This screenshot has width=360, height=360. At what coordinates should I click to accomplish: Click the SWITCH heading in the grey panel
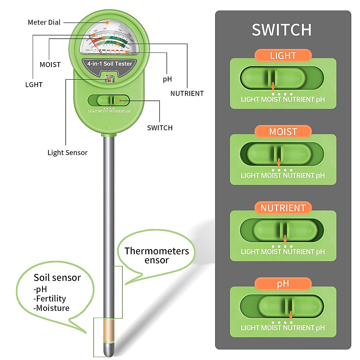[x=281, y=30]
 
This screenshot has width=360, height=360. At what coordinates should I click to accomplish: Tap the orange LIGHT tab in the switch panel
[x=283, y=55]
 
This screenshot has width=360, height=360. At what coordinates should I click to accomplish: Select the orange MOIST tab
[x=283, y=132]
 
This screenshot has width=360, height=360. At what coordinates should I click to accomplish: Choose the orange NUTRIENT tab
[x=283, y=208]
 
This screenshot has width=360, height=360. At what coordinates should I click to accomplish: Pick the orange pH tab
[x=283, y=283]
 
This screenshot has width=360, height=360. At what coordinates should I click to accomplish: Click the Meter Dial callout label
[x=44, y=22]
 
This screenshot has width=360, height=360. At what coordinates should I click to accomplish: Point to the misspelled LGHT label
[x=34, y=85]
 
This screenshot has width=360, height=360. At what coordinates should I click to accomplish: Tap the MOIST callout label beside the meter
[x=50, y=64]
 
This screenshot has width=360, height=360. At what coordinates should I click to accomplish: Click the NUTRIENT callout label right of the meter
[x=187, y=94]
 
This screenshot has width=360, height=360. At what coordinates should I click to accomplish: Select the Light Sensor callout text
[x=67, y=153]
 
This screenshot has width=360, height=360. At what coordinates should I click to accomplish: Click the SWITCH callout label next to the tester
[x=160, y=128]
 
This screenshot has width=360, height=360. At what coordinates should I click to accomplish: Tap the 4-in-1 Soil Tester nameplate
[x=109, y=64]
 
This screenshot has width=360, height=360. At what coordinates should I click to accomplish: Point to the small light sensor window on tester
[x=109, y=79]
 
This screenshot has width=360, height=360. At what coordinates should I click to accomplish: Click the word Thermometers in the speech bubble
[x=157, y=251]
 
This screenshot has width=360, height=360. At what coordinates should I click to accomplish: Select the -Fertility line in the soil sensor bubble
[x=50, y=299]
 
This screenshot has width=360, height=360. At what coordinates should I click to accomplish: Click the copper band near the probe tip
[x=109, y=330]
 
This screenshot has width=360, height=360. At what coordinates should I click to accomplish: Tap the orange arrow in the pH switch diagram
[x=291, y=315]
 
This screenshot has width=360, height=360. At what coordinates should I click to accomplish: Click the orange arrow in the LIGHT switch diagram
[x=273, y=86]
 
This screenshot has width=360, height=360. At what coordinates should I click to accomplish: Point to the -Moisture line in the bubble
[x=52, y=308]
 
